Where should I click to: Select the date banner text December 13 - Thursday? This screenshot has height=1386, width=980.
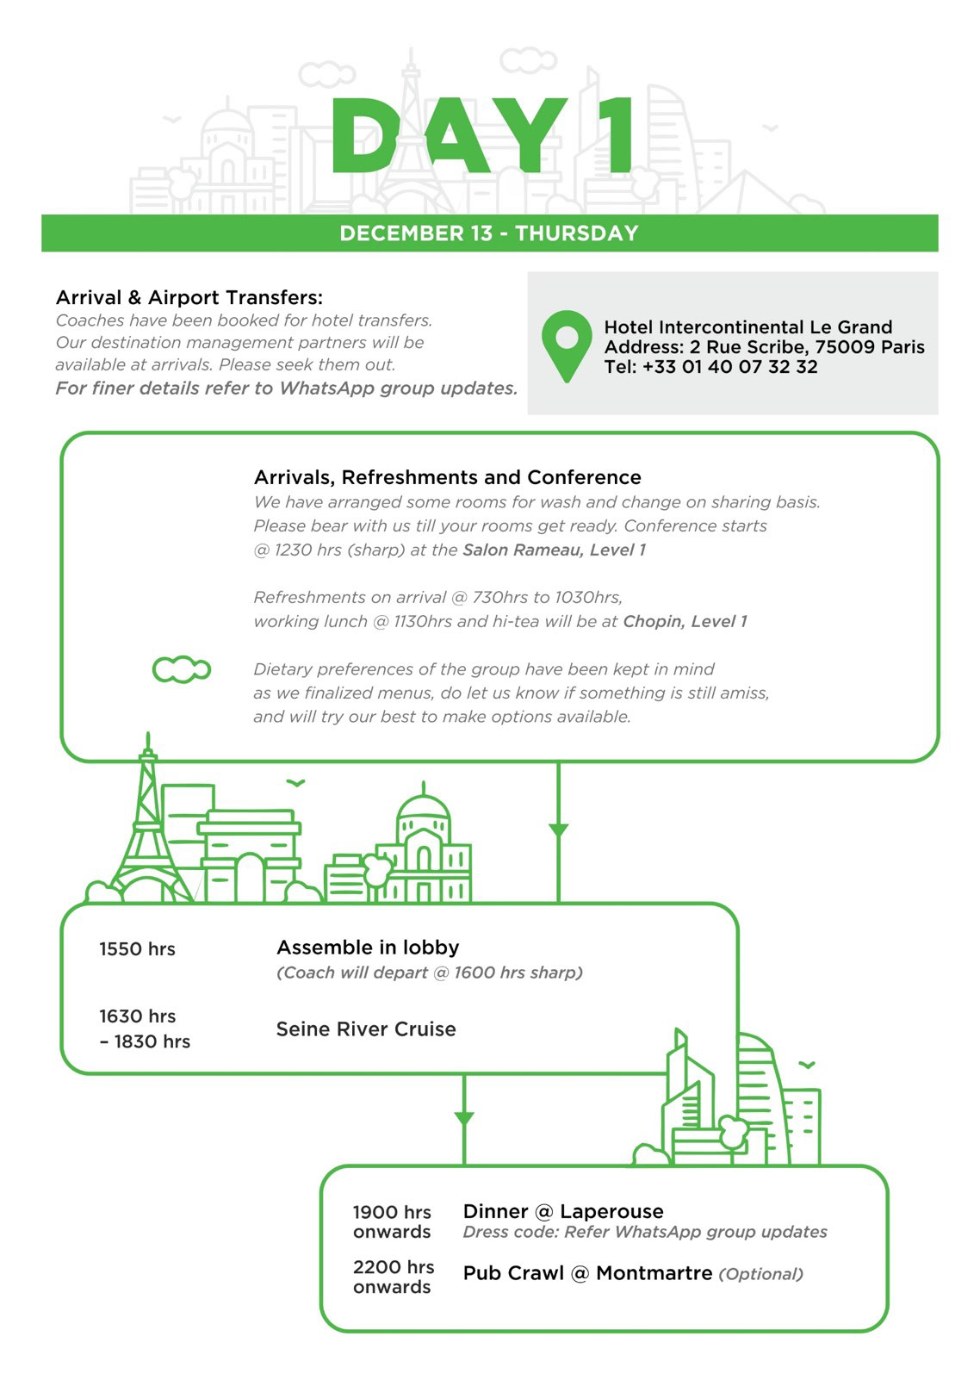click(x=489, y=233)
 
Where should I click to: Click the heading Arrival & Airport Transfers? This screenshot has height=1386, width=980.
click(x=189, y=298)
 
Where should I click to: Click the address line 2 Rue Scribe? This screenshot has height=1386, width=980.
click(x=764, y=347)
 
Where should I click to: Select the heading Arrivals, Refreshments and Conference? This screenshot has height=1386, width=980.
click(x=447, y=477)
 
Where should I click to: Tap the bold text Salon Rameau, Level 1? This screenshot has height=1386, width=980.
click(x=554, y=550)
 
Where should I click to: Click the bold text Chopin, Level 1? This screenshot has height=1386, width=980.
click(x=685, y=621)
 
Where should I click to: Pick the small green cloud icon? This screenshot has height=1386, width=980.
click(x=181, y=669)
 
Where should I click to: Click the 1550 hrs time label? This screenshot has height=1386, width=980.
click(x=137, y=949)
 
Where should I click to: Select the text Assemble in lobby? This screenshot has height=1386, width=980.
click(x=368, y=948)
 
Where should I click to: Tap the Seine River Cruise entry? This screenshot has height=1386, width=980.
click(x=366, y=1029)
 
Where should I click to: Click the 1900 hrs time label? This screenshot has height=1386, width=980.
click(x=392, y=1212)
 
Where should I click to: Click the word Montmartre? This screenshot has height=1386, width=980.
click(x=654, y=1273)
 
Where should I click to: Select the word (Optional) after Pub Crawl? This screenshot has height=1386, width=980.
click(x=760, y=1274)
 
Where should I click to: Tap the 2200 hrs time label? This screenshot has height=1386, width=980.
click(x=394, y=1267)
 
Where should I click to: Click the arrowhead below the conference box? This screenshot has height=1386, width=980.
click(x=559, y=830)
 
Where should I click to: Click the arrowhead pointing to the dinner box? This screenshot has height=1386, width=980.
click(x=464, y=1119)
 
